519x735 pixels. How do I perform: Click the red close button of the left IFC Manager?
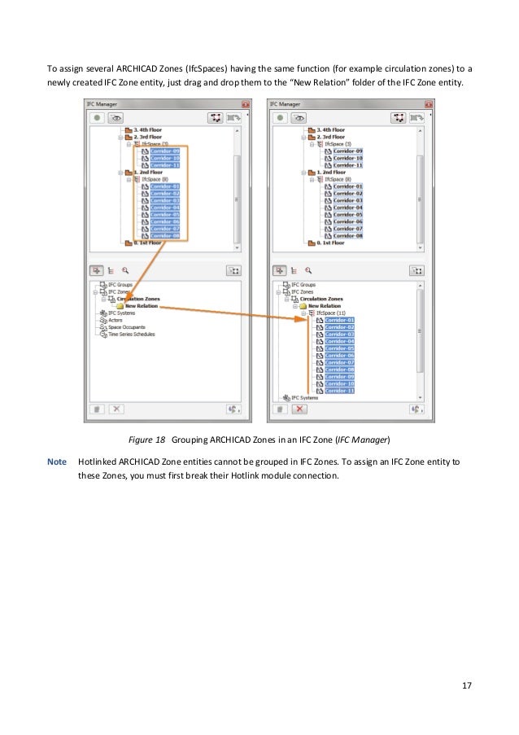pyautogui.click(x=245, y=104)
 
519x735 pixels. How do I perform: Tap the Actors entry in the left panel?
pyautogui.click(x=116, y=320)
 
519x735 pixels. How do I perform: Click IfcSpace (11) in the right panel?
pyautogui.click(x=329, y=313)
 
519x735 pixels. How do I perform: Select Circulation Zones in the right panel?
pyautogui.click(x=323, y=299)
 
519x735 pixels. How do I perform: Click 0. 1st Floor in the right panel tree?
pyautogui.click(x=328, y=243)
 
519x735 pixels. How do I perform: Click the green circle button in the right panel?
pyautogui.click(x=281, y=117)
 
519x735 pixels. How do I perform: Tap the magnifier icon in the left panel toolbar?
pyautogui.click(x=125, y=269)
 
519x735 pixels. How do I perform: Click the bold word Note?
pyautogui.click(x=57, y=462)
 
